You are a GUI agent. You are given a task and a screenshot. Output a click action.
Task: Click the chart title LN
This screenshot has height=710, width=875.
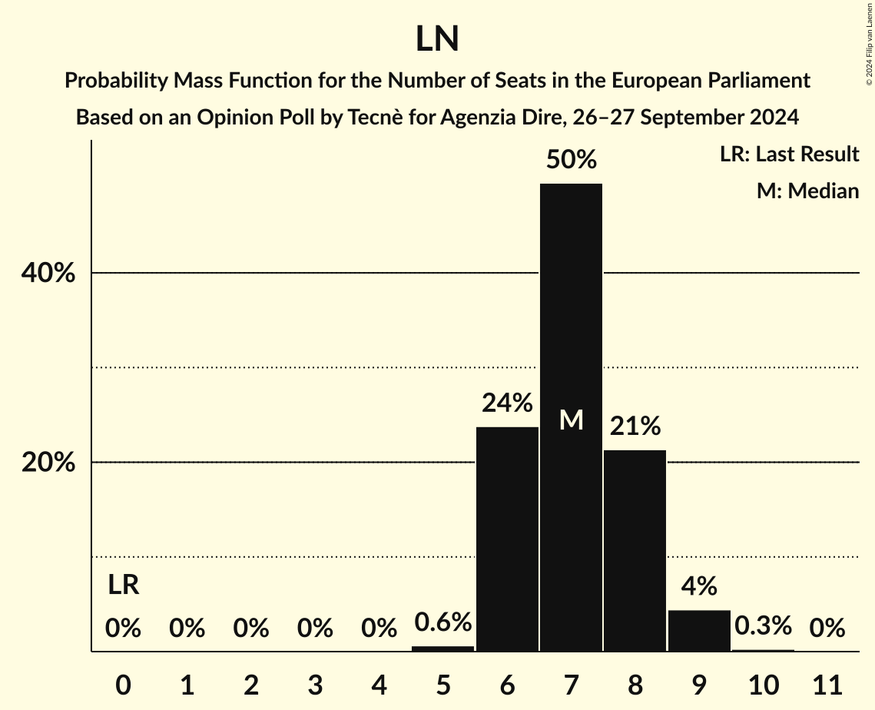(x=437, y=39)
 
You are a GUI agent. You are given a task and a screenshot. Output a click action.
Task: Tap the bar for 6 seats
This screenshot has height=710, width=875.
(x=507, y=539)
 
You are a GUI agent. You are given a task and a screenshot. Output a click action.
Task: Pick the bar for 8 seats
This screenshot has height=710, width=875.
(x=635, y=550)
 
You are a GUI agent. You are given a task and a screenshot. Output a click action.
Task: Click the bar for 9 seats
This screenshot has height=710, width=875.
(x=699, y=630)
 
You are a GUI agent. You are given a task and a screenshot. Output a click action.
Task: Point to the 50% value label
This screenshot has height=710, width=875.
(x=571, y=160)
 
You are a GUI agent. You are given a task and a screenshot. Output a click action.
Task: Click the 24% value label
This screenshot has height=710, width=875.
(x=507, y=403)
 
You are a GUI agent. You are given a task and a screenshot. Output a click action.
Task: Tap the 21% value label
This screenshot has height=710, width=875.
(x=635, y=426)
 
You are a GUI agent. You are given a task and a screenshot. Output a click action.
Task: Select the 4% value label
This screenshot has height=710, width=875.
(x=699, y=586)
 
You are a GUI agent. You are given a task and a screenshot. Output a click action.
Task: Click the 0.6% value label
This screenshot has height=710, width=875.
(x=443, y=622)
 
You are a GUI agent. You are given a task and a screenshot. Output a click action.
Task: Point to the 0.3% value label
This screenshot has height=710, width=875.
(x=763, y=626)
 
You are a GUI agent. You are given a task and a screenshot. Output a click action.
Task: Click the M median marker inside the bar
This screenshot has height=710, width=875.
(x=571, y=420)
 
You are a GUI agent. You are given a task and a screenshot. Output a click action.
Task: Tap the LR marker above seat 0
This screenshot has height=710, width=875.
(x=123, y=586)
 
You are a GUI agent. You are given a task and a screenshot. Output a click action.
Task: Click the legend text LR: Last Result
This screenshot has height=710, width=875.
(x=789, y=154)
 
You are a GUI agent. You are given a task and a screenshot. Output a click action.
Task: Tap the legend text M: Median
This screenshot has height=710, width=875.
(x=807, y=191)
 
